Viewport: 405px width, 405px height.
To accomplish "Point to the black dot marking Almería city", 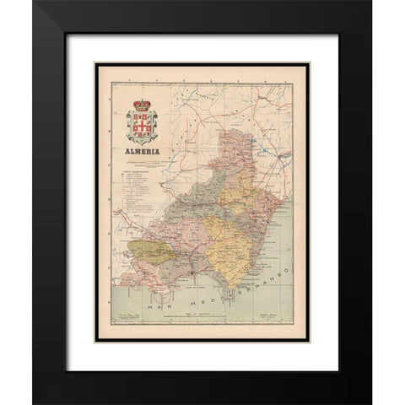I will (192, 274).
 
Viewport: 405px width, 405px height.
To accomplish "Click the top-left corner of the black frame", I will (34, 3).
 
